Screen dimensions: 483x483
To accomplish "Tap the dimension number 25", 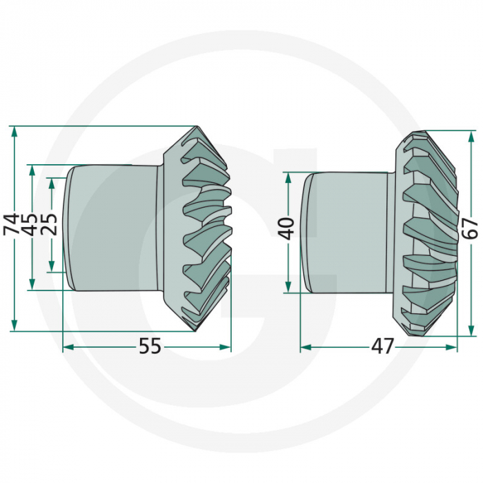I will (x=50, y=225).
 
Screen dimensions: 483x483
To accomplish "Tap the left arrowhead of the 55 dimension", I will (x=68, y=347).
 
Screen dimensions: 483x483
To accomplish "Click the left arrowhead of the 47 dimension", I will (x=305, y=347).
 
